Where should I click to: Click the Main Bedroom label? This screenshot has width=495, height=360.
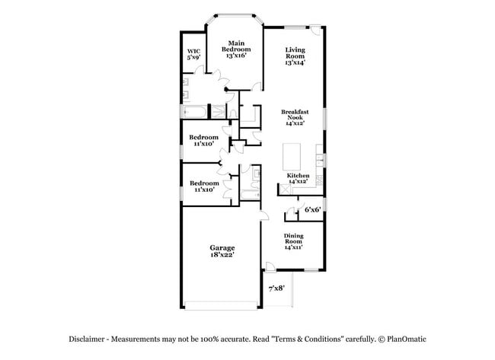[238, 46]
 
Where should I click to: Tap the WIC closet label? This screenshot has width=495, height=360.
[193, 51]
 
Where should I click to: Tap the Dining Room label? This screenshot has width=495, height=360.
[294, 239]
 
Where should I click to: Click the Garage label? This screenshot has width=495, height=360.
[222, 247]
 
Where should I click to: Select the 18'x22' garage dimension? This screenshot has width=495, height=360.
[222, 255]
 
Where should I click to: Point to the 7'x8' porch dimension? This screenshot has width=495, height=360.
[276, 288]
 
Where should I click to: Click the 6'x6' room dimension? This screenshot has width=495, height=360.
[312, 209]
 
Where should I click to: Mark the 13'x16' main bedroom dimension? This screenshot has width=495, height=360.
[238, 56]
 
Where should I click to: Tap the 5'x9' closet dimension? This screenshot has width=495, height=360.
[193, 57]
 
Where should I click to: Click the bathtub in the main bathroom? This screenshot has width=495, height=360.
[195, 113]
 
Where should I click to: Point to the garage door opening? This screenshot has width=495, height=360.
[222, 306]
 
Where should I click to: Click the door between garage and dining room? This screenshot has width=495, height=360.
[263, 215]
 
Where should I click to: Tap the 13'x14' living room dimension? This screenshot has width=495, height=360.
[295, 62]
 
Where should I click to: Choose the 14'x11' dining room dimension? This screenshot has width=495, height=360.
[294, 247]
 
